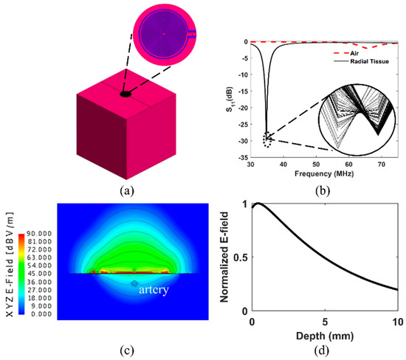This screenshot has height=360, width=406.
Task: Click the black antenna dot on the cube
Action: pos(125,94)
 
